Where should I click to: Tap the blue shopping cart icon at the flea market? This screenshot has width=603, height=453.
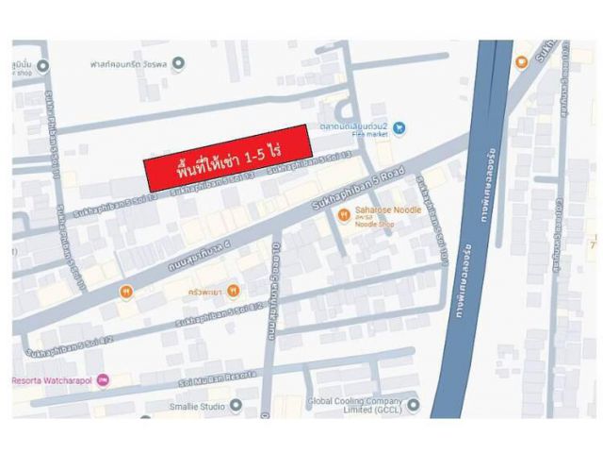click(399, 126)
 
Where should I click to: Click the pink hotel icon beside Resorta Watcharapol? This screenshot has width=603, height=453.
click(103, 380)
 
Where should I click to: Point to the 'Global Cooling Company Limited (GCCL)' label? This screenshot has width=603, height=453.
click(357, 406)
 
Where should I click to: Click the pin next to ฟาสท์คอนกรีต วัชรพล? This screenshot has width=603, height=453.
click(179, 63)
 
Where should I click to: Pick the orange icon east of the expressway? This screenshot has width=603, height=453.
click(521, 62)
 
